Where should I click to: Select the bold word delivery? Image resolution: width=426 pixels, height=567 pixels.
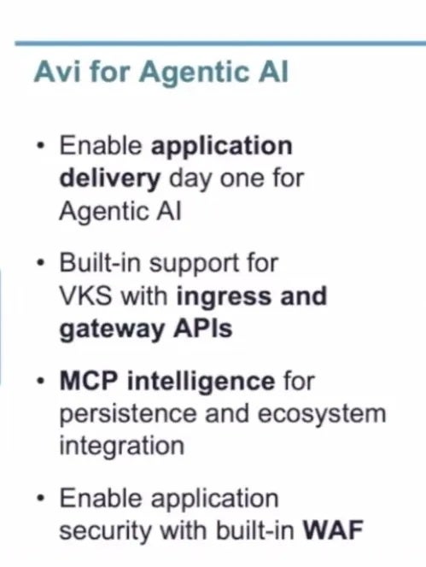coord(109,179)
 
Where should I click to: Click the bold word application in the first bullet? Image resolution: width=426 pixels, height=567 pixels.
coord(222,148)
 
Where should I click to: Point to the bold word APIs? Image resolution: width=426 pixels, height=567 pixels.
coord(203,328)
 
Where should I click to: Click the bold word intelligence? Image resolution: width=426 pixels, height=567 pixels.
coord(201,383)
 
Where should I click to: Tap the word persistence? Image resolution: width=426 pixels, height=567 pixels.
coord(128,415)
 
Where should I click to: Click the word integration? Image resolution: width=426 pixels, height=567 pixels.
coord(122,447)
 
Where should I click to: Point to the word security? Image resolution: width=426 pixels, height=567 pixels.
coord(105,532)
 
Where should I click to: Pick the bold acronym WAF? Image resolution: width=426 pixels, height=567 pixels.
coord(333,530)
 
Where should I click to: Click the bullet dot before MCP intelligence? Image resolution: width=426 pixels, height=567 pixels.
coord(42,382)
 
